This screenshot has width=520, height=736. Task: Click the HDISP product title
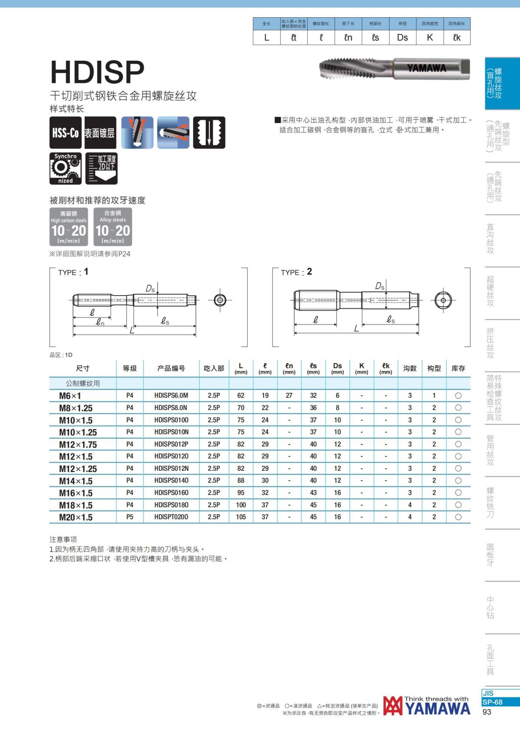pyautogui.click(x=97, y=72)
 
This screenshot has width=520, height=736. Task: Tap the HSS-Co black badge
pyautogui.click(x=65, y=133)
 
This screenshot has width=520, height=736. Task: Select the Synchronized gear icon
pyautogui.click(x=65, y=168)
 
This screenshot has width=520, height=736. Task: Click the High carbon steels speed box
pyautogui.click(x=68, y=227)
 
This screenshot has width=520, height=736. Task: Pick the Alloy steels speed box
pyautogui.click(x=113, y=227)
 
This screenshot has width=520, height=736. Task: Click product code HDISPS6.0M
pyautogui.click(x=171, y=395)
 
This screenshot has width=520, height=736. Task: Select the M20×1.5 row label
pyautogui.click(x=76, y=517)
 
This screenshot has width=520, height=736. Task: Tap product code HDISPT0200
pyautogui.click(x=171, y=517)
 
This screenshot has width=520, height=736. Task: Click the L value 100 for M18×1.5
pyautogui.click(x=241, y=505)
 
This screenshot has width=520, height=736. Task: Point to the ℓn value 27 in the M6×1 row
pyautogui.click(x=289, y=395)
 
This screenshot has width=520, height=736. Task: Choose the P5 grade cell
pyautogui.click(x=130, y=517)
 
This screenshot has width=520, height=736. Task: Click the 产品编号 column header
pyautogui.click(x=171, y=368)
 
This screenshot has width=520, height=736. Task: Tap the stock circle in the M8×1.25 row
pyautogui.click(x=458, y=408)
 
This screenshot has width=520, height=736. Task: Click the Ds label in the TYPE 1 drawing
pyautogui.click(x=150, y=289)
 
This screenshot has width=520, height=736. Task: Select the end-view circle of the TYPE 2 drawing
pyautogui.click(x=443, y=300)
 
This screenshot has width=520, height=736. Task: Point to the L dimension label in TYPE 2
pyautogui.click(x=356, y=329)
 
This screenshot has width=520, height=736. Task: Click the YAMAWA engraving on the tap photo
pyautogui.click(x=426, y=68)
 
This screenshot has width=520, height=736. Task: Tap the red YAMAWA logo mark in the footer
pyautogui.click(x=393, y=706)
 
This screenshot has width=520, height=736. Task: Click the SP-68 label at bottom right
pyautogui.click(x=493, y=702)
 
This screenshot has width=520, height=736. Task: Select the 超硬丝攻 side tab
pyautogui.click(x=491, y=291)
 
